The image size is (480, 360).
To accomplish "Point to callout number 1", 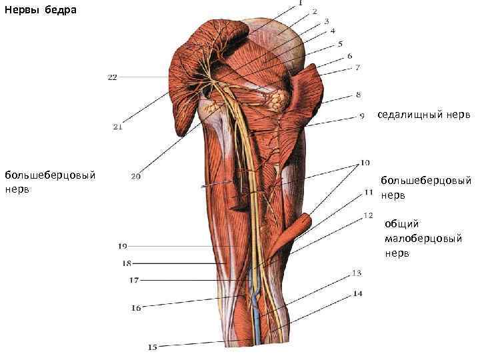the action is [x=300, y=3].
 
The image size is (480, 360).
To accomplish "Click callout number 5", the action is [x=340, y=44].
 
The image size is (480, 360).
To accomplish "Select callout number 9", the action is [x=362, y=116].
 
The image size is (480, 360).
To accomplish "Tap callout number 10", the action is [x=365, y=162].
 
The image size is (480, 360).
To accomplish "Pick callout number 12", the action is [x=368, y=215].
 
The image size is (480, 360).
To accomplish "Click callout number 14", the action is [x=358, y=293].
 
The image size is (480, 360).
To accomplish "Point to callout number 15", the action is [x=153, y=347].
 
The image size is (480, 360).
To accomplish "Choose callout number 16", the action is [x=136, y=308].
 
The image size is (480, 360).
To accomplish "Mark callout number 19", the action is [x=123, y=246].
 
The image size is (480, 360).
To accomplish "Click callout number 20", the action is [x=135, y=177].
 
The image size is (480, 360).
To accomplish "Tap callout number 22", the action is [x=112, y=77].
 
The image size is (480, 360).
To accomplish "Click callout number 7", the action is [x=357, y=67].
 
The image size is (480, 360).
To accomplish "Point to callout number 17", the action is [x=134, y=281].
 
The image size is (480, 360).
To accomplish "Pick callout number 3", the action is [x=327, y=21].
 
